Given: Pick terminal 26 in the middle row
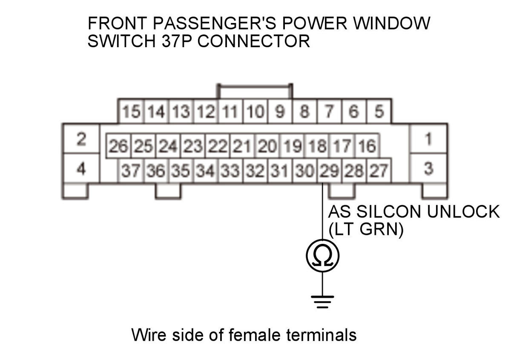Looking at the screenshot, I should click(119, 147).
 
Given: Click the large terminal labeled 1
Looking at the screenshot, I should click(428, 139).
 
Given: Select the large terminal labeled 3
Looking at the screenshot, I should click(428, 169).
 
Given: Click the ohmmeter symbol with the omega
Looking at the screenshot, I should click(322, 256).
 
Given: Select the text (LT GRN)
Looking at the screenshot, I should click(365, 231).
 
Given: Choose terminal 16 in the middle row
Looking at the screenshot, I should click(367, 147).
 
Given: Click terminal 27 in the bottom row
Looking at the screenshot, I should click(379, 171).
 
